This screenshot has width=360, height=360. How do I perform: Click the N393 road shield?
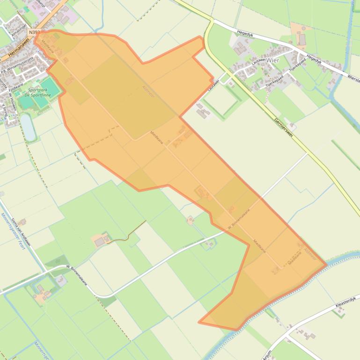(33, 32)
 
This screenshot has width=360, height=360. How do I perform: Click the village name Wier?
(272, 60)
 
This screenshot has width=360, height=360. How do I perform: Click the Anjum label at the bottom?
(267, 355)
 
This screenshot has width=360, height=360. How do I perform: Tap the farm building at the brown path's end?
(100, 242)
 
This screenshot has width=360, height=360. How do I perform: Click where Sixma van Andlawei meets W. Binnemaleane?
(47, 269)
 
